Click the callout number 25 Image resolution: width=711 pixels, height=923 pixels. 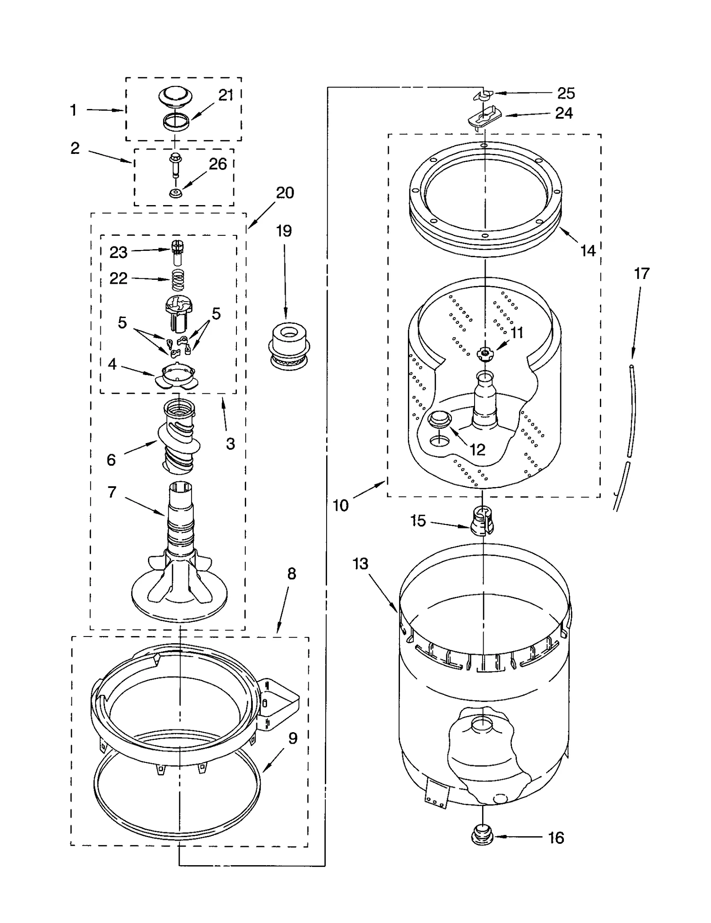(x=566, y=93)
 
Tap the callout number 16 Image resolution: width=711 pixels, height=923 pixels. (x=555, y=838)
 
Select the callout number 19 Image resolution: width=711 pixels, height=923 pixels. (x=284, y=231)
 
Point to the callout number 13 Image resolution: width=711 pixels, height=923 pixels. (x=360, y=564)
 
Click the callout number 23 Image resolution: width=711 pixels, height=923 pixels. (x=118, y=253)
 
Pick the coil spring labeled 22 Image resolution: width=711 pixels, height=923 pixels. (x=178, y=280)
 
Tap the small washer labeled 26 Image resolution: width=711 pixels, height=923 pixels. (x=175, y=193)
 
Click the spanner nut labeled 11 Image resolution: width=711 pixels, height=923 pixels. (x=484, y=354)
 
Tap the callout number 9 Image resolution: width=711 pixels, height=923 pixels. (x=293, y=738)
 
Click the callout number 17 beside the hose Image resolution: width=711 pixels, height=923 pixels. (x=641, y=273)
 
